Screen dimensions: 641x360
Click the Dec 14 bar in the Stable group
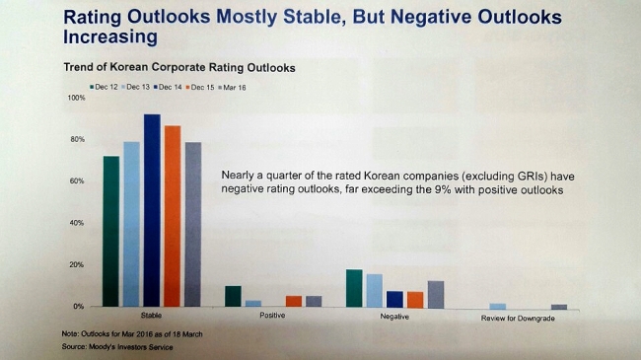(x=152, y=210)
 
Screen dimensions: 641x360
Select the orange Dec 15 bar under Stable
(x=173, y=216)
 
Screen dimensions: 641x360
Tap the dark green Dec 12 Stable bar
(x=111, y=231)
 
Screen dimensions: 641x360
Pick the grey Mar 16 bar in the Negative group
(x=436, y=295)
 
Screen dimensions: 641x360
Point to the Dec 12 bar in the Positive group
(x=233, y=296)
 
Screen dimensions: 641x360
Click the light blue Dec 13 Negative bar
(x=375, y=291)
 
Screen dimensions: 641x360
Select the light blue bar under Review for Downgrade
(x=497, y=307)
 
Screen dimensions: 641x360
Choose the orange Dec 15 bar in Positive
(x=294, y=301)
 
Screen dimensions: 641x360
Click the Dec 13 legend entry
(x=136, y=87)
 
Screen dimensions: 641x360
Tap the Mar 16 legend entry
(x=232, y=88)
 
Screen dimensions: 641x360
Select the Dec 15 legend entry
(x=200, y=87)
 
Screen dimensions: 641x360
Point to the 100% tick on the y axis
(x=77, y=98)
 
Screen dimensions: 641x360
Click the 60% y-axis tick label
(x=77, y=180)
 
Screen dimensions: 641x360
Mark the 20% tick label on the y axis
(x=77, y=264)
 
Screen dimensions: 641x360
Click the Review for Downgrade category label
(x=518, y=319)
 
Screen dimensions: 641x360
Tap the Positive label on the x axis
(x=272, y=315)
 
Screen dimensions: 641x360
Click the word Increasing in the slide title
(x=110, y=36)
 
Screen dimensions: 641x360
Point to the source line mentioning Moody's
(x=117, y=347)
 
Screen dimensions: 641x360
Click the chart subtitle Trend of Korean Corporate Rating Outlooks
(x=179, y=67)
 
